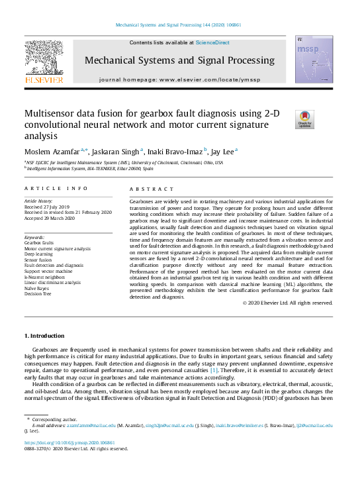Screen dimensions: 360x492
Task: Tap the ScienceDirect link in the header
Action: pyautogui.click(x=212, y=42)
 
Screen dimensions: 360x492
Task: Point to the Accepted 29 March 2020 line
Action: pyautogui.click(x=52, y=217)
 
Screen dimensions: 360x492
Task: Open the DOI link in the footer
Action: pyautogui.click(x=69, y=442)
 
